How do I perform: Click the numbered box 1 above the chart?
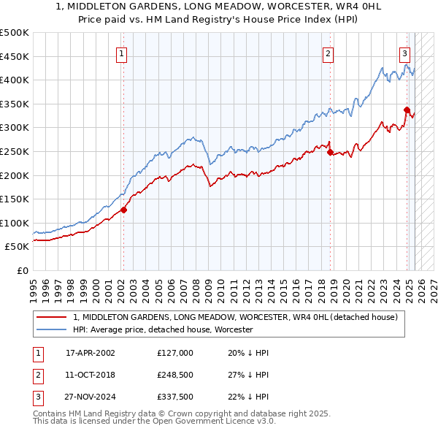[121, 53]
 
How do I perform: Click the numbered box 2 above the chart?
[328, 53]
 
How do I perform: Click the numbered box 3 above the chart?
[404, 53]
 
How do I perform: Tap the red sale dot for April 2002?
[124, 210]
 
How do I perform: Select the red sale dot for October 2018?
[330, 153]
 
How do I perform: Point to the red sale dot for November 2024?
[407, 110]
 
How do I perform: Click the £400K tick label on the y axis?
[15, 80]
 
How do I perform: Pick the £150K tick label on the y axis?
[15, 199]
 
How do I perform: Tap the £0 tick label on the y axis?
[23, 270]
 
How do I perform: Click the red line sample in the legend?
[52, 318]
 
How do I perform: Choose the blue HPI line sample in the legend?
[52, 330]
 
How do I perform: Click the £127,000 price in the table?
[175, 353]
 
